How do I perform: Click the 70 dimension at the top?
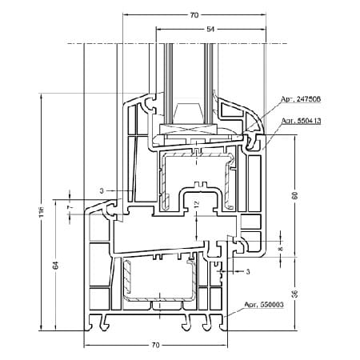point(194,14)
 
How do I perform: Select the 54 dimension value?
point(210,29)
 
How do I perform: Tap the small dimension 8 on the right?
point(282,249)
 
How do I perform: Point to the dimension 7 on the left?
point(70,206)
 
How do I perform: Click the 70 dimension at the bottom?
point(156,345)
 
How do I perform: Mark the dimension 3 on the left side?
point(102,190)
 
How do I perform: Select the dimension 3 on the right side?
point(248,272)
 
